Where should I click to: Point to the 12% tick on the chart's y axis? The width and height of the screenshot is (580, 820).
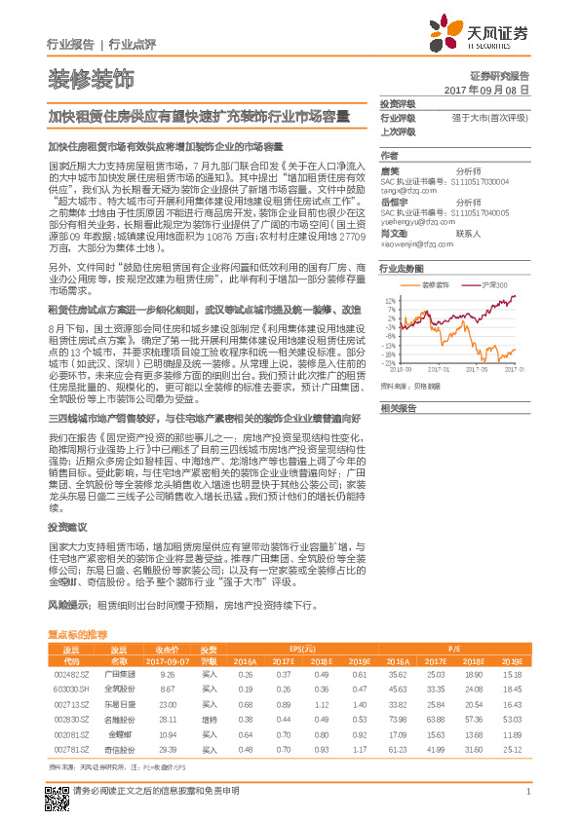click(x=390, y=302)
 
